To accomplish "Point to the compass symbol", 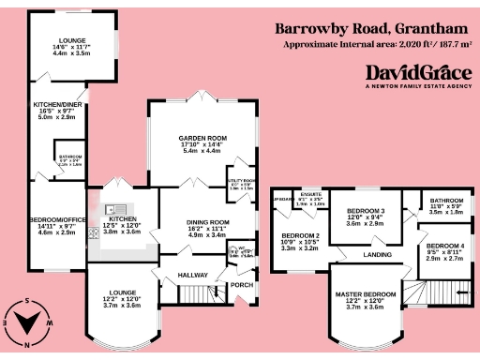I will tap(29, 320).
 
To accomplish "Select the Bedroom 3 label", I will tap(366, 211).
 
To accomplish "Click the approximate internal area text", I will tap(375, 44).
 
